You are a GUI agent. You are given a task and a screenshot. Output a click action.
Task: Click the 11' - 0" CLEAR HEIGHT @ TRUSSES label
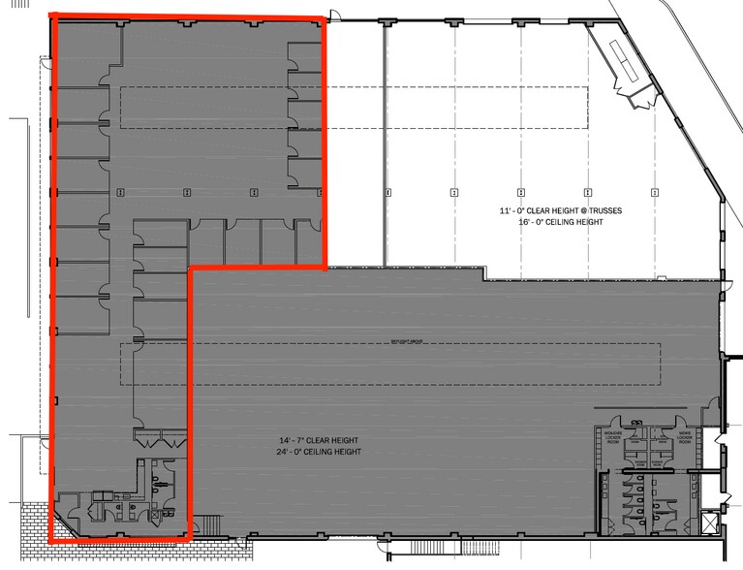(548, 210)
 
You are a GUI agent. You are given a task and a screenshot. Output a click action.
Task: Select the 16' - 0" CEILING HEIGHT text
(548, 222)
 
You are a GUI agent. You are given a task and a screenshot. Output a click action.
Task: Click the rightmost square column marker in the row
(655, 192)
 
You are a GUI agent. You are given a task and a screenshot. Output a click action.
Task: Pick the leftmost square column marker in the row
(119, 192)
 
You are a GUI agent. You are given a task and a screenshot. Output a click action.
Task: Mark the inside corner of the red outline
(192, 268)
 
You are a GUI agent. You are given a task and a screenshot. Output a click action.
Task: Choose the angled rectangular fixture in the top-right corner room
(625, 61)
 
